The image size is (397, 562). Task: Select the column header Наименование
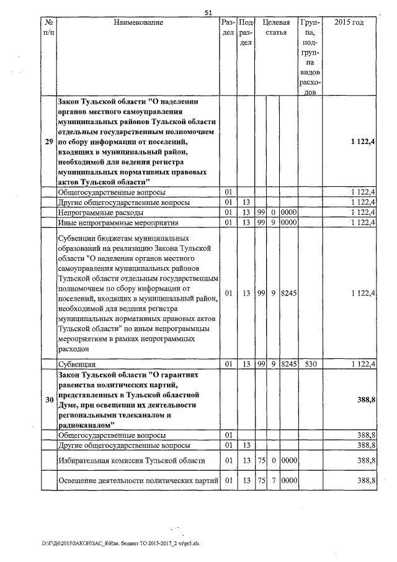pyautogui.click(x=138, y=22)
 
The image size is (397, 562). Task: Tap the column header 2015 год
pyautogui.click(x=349, y=22)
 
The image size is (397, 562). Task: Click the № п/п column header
pyautogui.click(x=48, y=27)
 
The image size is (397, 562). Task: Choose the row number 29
pyautogui.click(x=48, y=142)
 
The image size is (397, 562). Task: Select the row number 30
pyautogui.click(x=48, y=400)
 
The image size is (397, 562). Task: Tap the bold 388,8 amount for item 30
pyautogui.click(x=366, y=400)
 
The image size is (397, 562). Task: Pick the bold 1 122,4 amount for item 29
pyautogui.click(x=362, y=142)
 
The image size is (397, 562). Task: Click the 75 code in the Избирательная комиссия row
pyautogui.click(x=261, y=460)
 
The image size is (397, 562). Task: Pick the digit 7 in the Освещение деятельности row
pyautogui.click(x=273, y=481)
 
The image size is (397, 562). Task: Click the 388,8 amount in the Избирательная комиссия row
pyautogui.click(x=366, y=460)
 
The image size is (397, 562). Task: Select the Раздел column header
pyautogui.click(x=228, y=27)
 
